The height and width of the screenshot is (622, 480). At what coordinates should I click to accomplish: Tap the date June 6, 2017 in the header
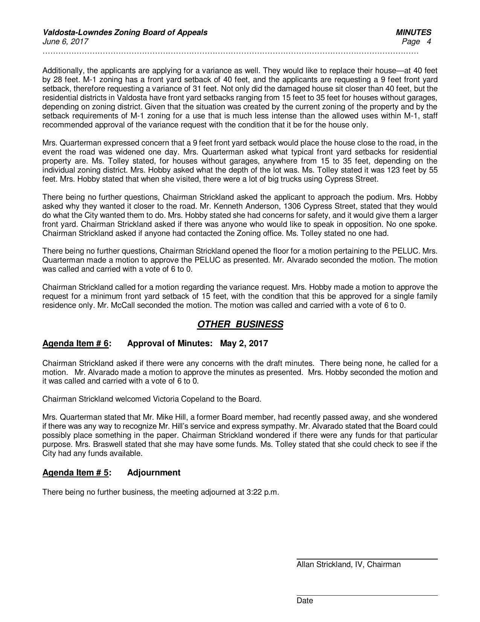click(65, 41)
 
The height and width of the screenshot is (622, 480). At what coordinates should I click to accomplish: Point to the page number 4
click(428, 41)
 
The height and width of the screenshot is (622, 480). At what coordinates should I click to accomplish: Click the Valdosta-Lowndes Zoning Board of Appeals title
click(125, 32)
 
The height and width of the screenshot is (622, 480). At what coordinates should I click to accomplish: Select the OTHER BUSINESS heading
click(240, 324)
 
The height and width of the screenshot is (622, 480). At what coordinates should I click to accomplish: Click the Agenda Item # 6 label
click(76, 343)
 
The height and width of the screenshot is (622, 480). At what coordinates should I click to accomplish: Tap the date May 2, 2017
click(244, 343)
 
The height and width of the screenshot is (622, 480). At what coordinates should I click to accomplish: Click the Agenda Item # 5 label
click(76, 472)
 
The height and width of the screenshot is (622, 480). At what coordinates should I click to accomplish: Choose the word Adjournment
click(154, 472)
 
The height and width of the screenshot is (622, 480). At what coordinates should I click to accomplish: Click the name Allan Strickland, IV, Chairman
click(348, 564)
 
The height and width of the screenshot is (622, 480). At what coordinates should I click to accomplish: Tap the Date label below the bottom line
click(305, 601)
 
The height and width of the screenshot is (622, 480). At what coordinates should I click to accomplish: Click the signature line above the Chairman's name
click(367, 559)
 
